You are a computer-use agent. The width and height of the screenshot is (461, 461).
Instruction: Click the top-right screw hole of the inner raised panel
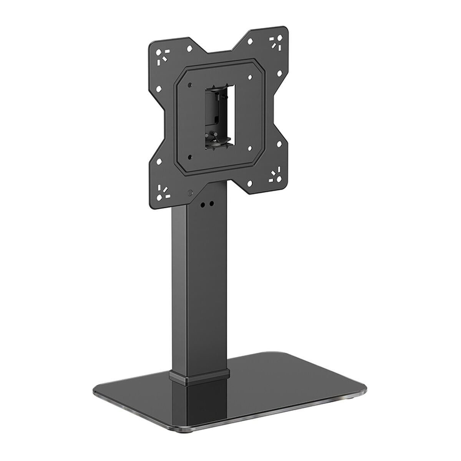pos(248,76)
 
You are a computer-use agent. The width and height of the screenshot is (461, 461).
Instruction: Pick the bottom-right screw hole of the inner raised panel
pos(249,147)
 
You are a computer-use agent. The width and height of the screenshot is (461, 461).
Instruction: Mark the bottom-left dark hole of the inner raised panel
pos(190,156)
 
